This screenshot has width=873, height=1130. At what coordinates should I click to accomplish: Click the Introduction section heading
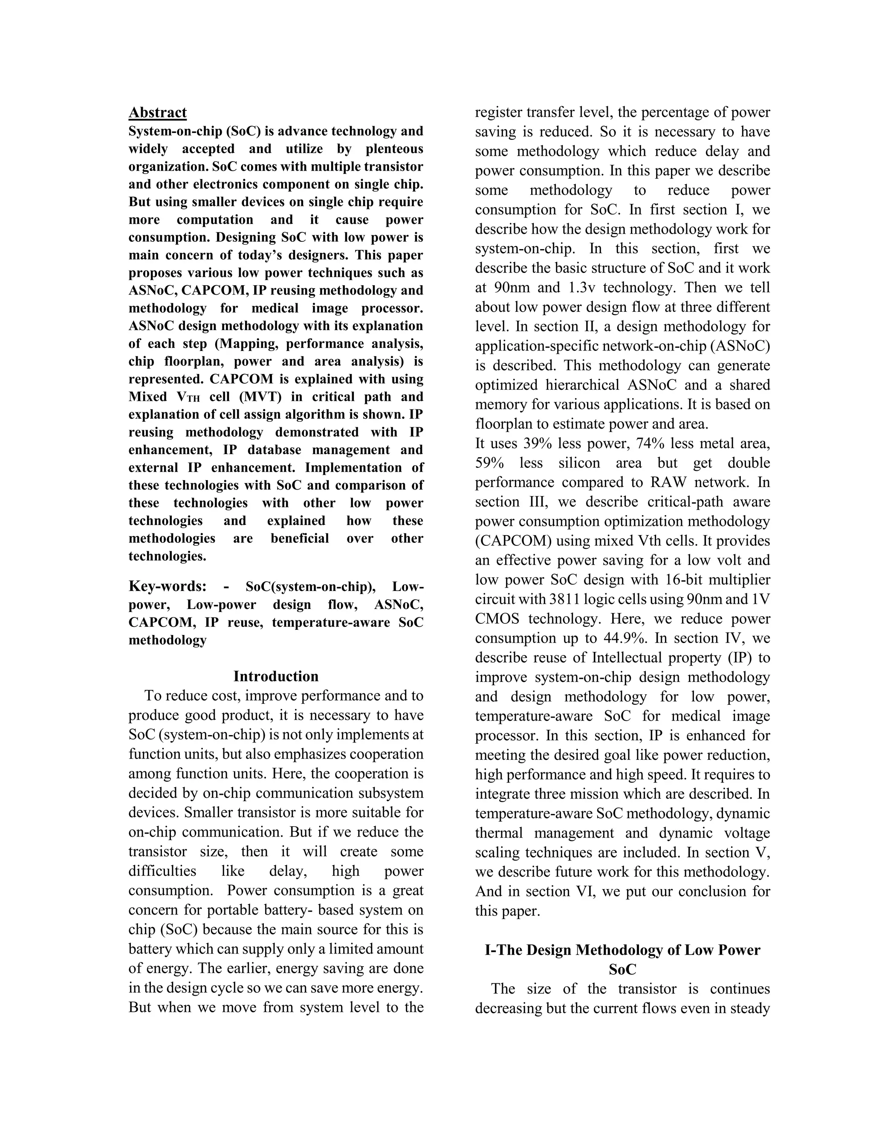(276, 676)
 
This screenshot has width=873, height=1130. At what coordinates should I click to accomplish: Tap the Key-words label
(167, 586)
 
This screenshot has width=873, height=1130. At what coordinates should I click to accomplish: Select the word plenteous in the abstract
(394, 149)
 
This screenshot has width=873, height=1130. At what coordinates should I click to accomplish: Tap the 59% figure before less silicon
(489, 463)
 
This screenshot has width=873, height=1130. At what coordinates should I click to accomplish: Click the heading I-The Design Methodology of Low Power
(622, 950)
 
